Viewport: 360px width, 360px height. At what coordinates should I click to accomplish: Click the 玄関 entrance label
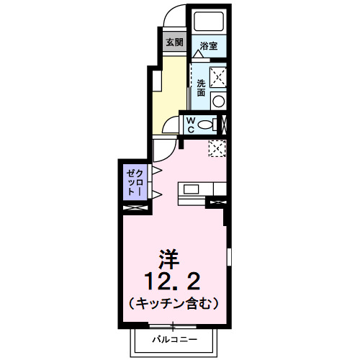[174, 42]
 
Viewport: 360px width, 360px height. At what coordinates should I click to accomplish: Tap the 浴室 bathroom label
[209, 45]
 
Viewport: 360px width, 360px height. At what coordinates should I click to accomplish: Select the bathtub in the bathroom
[210, 21]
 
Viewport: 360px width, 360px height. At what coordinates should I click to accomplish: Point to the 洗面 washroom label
[201, 88]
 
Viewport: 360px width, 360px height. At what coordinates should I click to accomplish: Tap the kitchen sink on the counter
[192, 190]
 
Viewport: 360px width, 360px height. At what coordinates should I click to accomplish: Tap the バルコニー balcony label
[173, 338]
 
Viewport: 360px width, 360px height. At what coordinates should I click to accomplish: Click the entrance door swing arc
[174, 16]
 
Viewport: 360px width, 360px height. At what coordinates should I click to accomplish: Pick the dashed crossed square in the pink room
[217, 148]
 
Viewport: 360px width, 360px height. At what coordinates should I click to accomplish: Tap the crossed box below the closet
[135, 208]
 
